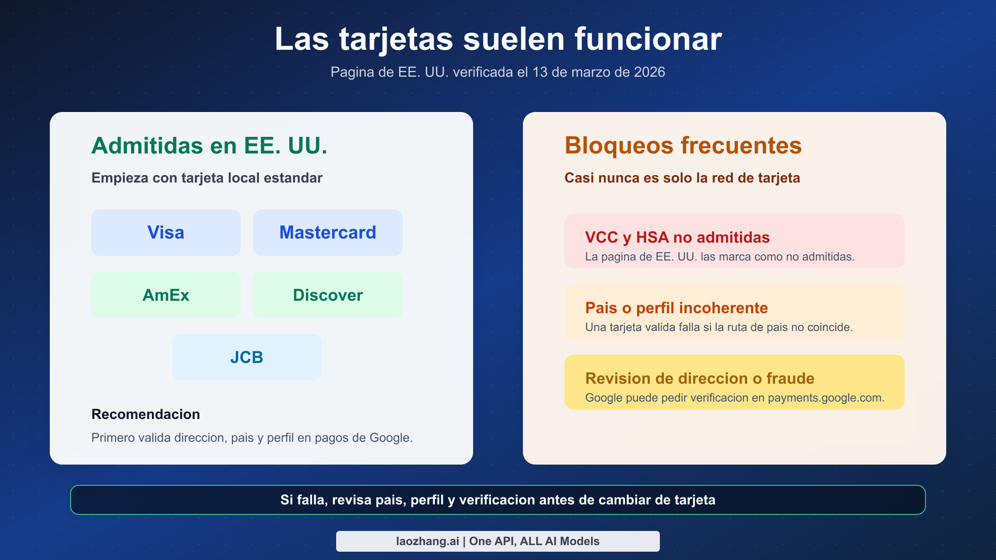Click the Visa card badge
click(x=166, y=232)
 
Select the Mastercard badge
click(x=327, y=232)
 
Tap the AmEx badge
click(x=166, y=295)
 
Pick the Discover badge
click(x=327, y=295)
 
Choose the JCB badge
click(x=247, y=357)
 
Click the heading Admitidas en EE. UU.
click(x=209, y=146)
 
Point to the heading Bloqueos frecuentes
click(x=683, y=146)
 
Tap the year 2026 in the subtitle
click(x=649, y=72)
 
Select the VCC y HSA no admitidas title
click(x=677, y=237)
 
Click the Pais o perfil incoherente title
click(x=676, y=308)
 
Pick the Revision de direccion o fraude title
click(x=700, y=378)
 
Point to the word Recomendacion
click(x=146, y=414)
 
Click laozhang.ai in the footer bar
click(x=427, y=541)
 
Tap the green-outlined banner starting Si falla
click(x=498, y=500)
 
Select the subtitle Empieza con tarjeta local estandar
click(x=207, y=178)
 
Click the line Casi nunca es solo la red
click(x=682, y=178)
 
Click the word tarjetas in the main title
click(x=396, y=39)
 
